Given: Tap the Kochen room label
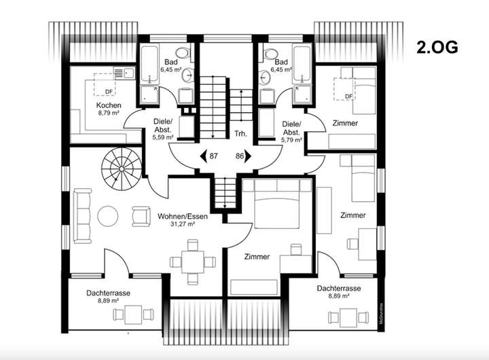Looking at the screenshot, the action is click(x=109, y=105).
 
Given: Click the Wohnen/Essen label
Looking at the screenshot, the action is click(x=180, y=217).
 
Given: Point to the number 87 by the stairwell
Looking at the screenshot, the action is click(x=213, y=156).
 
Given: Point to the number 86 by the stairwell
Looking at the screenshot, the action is click(x=240, y=156).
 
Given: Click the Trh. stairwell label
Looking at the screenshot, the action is click(x=238, y=133).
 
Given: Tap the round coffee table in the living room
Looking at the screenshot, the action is click(x=109, y=216).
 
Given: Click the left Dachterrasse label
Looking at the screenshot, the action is click(x=109, y=293).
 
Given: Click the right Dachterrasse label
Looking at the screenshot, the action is click(x=338, y=289).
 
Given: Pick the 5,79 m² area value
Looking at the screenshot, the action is click(x=292, y=140).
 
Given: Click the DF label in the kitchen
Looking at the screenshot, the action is click(x=109, y=92).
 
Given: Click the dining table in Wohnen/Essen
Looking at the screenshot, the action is click(x=187, y=263).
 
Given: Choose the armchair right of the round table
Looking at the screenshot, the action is click(x=141, y=216).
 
